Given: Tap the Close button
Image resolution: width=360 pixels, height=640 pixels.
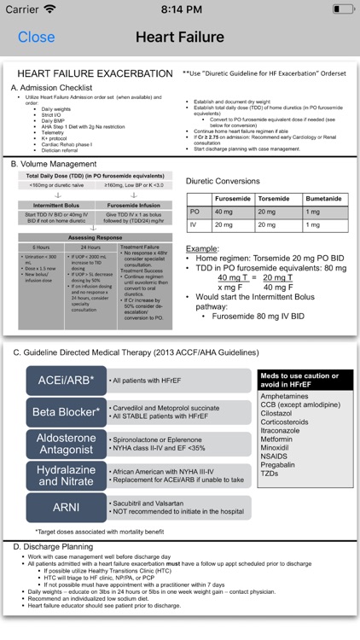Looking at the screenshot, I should coord(36,37).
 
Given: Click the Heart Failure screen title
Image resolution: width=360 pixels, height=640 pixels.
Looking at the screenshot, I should coord(179,37).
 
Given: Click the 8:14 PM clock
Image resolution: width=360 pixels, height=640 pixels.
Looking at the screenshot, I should coord(180,9).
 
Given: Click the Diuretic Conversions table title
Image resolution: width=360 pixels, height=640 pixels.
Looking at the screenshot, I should coord(223,181).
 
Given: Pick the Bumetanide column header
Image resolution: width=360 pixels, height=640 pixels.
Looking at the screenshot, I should coord(324,197).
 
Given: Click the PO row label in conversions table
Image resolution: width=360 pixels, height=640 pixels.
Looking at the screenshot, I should coord(195,211).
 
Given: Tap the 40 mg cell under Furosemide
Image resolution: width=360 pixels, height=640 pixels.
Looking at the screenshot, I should coord(224,211).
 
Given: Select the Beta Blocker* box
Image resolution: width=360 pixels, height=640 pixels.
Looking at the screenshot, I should coord(67,412).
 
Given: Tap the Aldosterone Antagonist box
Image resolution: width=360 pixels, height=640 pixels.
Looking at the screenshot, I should coord(67,443).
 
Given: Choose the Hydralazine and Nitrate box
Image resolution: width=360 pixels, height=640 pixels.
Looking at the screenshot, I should coord(67,475).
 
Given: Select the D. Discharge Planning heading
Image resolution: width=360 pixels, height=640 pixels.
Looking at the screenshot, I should coord(55,546).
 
